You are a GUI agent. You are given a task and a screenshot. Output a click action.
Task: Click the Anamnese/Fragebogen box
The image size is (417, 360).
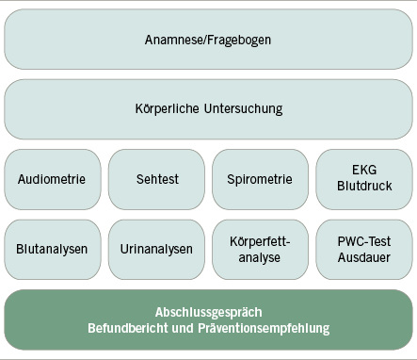[208, 39]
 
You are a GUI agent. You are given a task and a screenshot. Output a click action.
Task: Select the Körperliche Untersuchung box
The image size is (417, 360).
[208, 108]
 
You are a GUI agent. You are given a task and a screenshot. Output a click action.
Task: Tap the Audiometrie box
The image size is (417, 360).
[52, 179]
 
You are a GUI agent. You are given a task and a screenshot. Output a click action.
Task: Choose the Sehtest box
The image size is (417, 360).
[156, 179]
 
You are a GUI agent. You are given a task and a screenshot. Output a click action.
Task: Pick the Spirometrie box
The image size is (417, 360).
[260, 179]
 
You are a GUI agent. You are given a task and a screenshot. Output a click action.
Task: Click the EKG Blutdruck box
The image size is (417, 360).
[363, 179]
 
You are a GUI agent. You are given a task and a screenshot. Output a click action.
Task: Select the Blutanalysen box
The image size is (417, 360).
[52, 250]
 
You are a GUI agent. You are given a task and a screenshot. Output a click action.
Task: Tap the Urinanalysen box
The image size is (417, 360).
[156, 250]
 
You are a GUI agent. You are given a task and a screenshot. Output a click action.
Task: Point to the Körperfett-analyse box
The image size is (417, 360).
[260, 250]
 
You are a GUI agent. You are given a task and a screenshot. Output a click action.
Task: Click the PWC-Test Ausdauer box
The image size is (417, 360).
[363, 250]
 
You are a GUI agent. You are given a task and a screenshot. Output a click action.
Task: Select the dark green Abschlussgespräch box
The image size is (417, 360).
[208, 320]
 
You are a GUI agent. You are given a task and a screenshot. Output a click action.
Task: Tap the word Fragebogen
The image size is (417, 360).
[239, 40]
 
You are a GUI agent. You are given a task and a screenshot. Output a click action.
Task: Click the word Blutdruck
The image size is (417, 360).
[363, 188]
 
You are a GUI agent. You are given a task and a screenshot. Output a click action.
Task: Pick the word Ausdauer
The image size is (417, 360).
[363, 258]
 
